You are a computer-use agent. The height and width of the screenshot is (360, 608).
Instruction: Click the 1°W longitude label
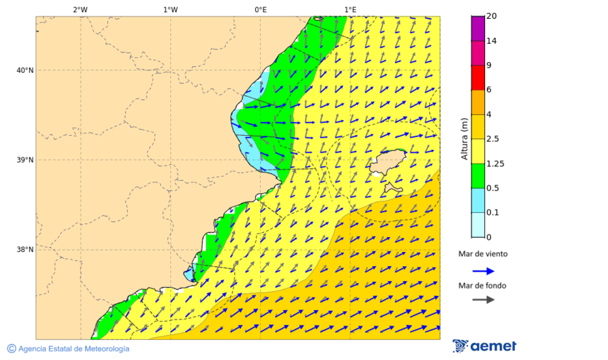[170, 9]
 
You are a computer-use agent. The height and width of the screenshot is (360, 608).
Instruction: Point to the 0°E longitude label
[260, 9]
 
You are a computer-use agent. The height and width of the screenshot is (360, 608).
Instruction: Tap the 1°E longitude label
[350, 9]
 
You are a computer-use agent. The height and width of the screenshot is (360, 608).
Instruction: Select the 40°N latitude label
[24, 70]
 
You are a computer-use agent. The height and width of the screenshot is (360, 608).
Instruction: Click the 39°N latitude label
[24, 160]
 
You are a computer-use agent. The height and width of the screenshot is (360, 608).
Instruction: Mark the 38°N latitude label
[24, 250]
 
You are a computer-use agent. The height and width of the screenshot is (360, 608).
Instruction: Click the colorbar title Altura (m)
[464, 138]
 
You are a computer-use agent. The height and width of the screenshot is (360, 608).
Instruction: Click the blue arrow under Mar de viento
[484, 271]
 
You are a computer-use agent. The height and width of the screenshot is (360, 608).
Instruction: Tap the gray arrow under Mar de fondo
[484, 300]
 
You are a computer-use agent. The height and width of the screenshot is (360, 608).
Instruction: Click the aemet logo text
[493, 346]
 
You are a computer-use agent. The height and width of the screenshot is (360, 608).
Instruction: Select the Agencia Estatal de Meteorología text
[73, 349]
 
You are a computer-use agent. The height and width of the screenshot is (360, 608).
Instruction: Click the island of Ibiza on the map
[387, 163]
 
